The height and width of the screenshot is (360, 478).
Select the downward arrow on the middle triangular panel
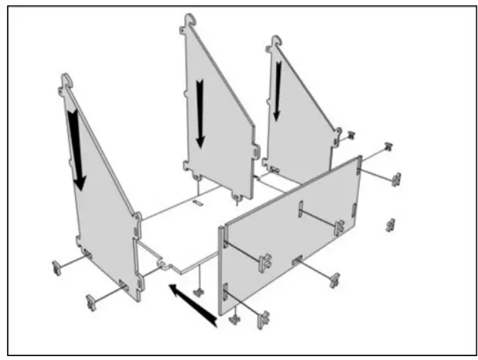200,112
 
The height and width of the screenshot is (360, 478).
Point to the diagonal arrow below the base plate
193,305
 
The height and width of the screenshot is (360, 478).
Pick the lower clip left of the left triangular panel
91,300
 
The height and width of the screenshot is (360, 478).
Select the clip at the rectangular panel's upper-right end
396,179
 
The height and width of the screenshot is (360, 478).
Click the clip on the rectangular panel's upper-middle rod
339,227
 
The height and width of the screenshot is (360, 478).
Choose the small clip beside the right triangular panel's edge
350,135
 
